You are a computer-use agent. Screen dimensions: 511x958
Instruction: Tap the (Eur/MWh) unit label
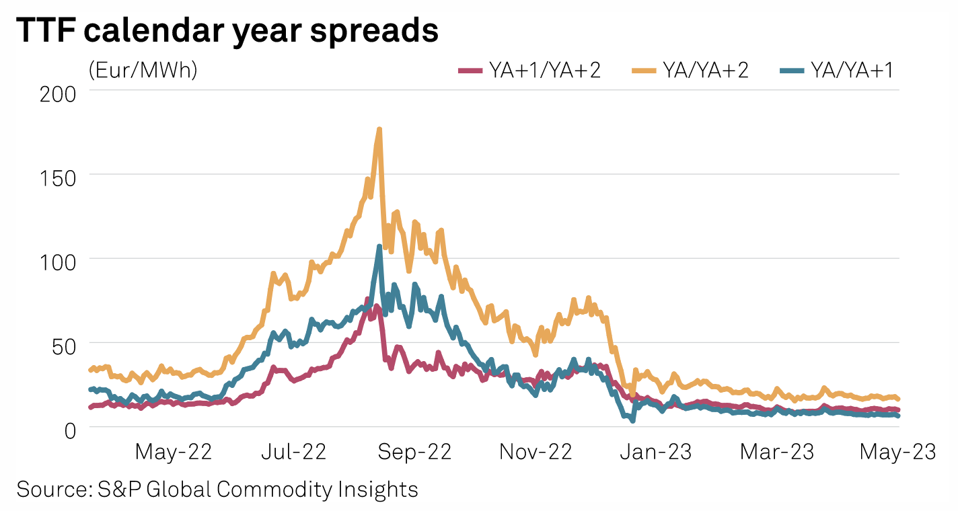click(142, 70)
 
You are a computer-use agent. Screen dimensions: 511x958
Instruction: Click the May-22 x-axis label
click(174, 452)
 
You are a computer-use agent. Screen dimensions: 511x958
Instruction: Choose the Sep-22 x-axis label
click(415, 452)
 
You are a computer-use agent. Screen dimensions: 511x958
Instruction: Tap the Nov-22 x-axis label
click(536, 452)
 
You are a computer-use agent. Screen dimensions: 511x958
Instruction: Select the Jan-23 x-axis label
click(655, 452)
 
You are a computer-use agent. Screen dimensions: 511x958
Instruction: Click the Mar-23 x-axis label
click(777, 452)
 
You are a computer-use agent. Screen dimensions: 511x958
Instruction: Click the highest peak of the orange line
click(379, 129)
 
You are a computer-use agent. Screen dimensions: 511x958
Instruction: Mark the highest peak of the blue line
click(379, 247)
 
